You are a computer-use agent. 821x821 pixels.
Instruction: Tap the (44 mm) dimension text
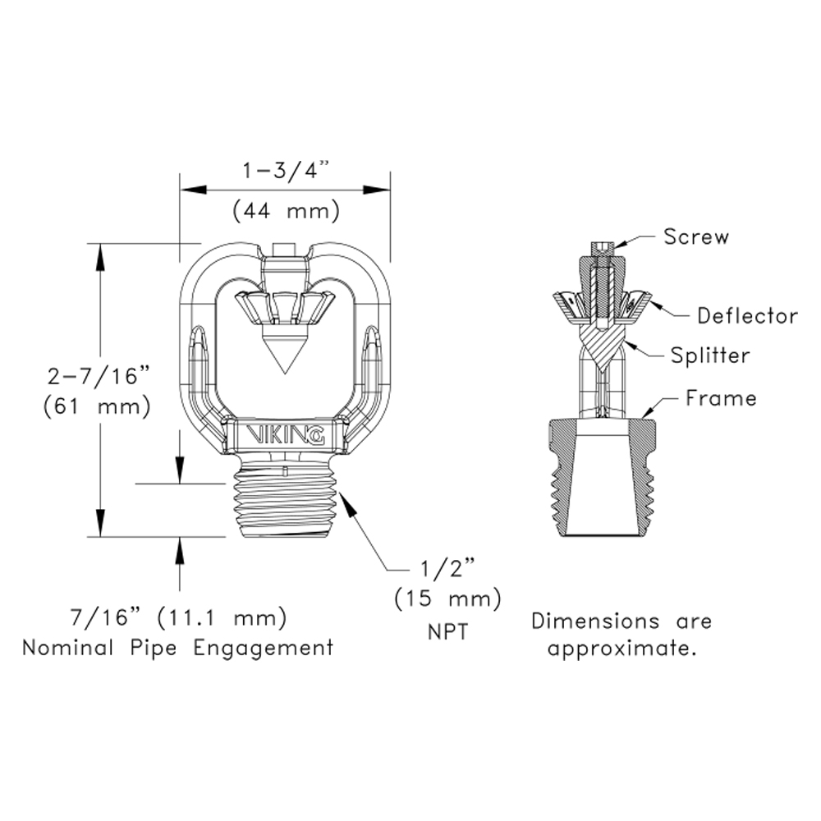pos(286,211)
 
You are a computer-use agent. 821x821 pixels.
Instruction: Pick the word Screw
pos(695,237)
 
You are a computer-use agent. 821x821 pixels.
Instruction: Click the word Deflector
pos(747,315)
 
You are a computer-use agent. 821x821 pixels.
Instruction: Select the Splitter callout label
pos(710,355)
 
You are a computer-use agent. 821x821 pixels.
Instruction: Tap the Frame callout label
pos(721,398)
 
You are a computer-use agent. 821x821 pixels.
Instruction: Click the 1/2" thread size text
pos(447,569)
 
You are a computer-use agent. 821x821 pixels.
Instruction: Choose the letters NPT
pos(447,634)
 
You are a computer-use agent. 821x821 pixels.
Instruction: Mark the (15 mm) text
pos(447,600)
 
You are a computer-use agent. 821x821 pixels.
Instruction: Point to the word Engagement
pos(264,647)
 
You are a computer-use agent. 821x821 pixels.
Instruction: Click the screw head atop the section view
pos(603,245)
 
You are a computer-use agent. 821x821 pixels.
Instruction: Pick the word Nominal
pos(68,647)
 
